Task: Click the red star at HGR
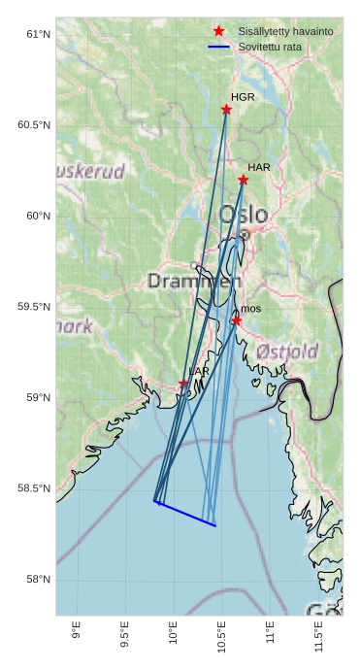coord(226,110)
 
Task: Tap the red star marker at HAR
coord(243,180)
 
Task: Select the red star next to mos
coord(236,320)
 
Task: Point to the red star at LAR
coord(183,384)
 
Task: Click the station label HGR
coord(243,97)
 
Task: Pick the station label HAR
coord(258,168)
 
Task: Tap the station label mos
coord(250,309)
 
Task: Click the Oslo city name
coord(243,215)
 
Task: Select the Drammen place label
coord(194,282)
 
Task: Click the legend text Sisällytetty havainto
coord(285,32)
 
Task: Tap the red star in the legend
coord(219,31)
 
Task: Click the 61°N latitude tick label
coord(38,35)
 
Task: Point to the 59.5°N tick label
coord(34,307)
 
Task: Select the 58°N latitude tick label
coord(38,580)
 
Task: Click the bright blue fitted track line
coord(185,514)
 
